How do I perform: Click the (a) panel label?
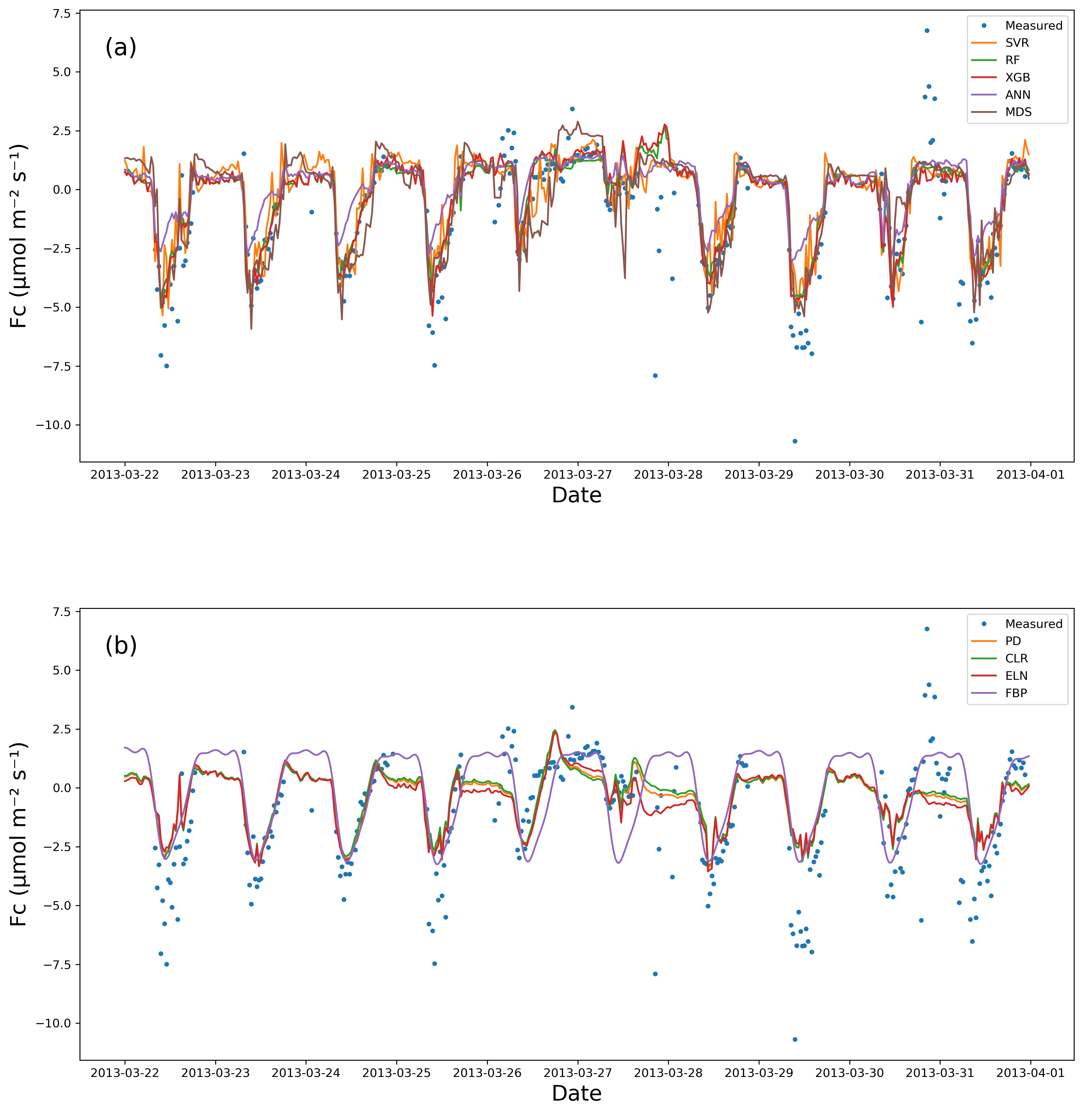[x=121, y=47]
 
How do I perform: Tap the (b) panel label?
[x=121, y=646]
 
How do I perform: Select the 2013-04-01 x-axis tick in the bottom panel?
[x=1030, y=1073]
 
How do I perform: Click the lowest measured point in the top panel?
[x=795, y=441]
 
